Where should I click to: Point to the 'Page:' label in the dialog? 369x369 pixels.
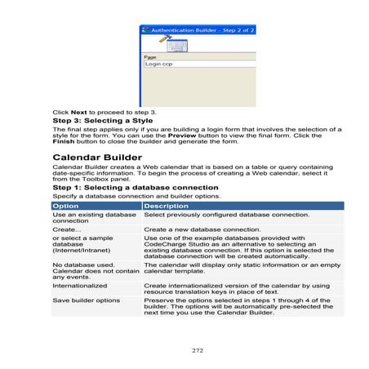(x=150, y=56)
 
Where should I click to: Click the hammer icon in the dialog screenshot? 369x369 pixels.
(x=163, y=38)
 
